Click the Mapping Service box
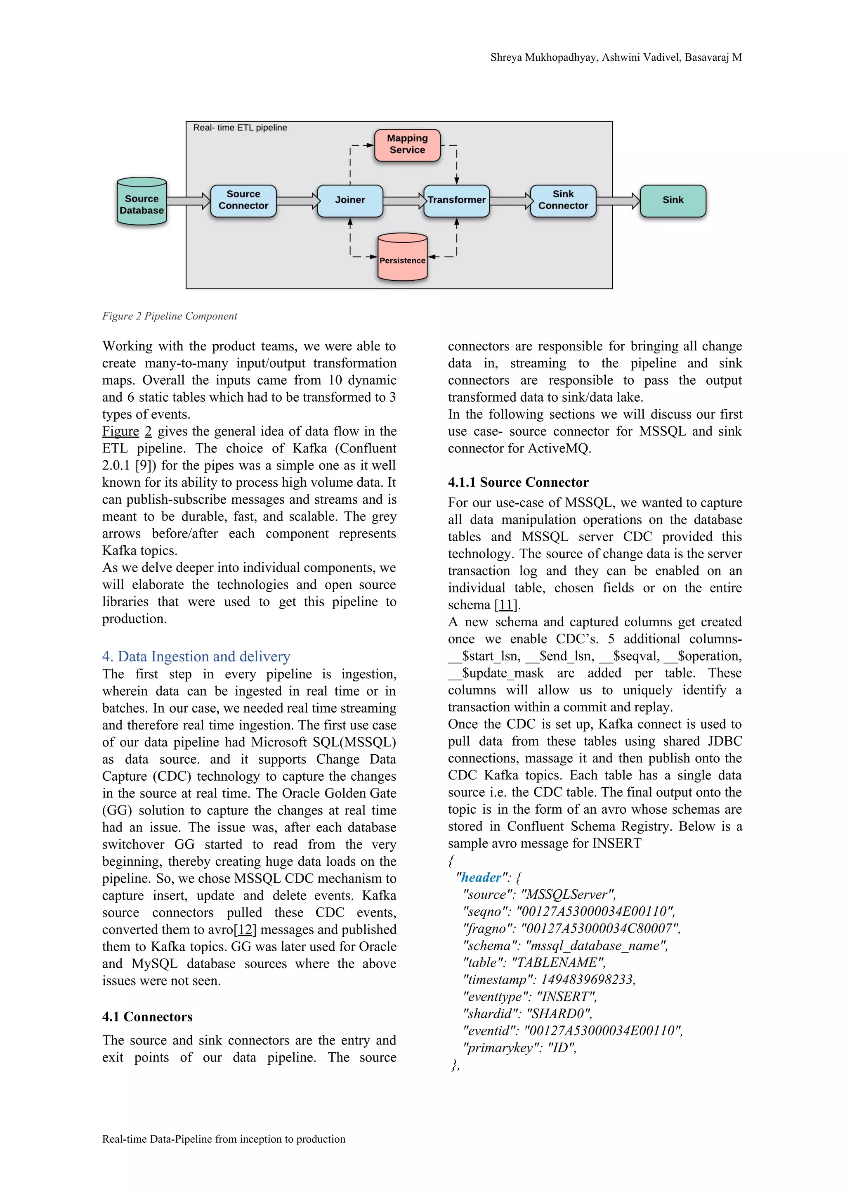[407, 145]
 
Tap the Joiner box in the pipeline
[350, 201]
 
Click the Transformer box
[457, 201]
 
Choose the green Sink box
[673, 201]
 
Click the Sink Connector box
[563, 201]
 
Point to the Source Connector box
[243, 201]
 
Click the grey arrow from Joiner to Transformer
[404, 201]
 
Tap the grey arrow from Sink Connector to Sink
[618, 201]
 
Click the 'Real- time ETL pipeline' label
[240, 128]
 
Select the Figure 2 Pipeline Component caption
[169, 316]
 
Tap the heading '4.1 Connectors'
[147, 1017]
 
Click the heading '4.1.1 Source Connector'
[518, 482]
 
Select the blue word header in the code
[481, 878]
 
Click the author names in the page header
[616, 57]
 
